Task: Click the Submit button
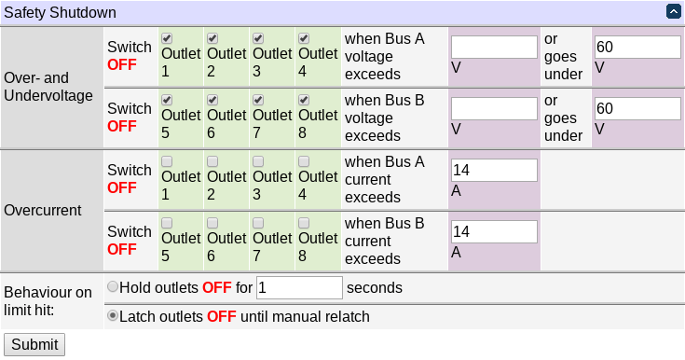point(34,344)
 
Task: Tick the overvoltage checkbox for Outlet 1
point(167,38)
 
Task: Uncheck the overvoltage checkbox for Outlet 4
point(303,38)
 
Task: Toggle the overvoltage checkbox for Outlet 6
point(212,100)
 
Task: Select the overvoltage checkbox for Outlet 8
point(303,100)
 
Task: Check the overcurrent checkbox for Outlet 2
point(212,161)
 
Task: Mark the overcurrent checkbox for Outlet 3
point(258,161)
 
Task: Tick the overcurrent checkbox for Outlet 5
point(167,223)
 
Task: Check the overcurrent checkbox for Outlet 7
point(258,223)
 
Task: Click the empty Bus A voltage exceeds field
point(494,48)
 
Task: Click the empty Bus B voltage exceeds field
point(494,109)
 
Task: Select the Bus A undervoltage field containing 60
point(637,48)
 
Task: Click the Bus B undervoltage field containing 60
point(637,109)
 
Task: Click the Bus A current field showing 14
point(494,171)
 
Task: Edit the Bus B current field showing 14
point(494,232)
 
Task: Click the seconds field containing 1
point(299,287)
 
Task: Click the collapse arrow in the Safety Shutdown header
point(673,12)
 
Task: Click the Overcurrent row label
point(43,210)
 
